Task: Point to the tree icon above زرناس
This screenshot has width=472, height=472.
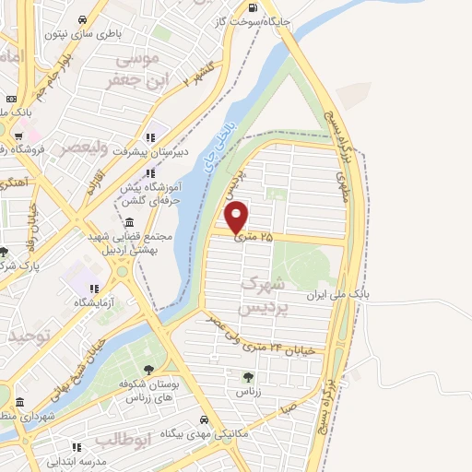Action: (x=247, y=376)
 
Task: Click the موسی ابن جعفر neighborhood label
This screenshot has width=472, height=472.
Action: (x=142, y=69)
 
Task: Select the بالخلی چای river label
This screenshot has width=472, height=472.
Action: (x=214, y=147)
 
